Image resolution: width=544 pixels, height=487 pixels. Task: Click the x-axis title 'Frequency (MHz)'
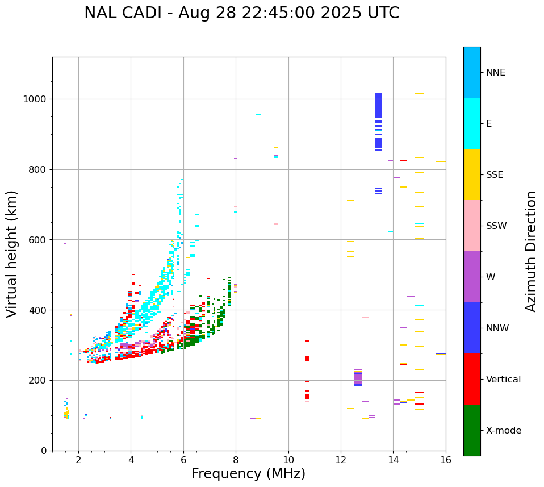click(x=248, y=474)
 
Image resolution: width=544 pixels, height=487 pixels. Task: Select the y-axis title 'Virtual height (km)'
click(x=12, y=253)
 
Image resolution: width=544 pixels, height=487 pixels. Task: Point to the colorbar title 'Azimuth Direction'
click(x=531, y=251)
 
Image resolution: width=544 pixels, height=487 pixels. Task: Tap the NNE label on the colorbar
click(x=495, y=73)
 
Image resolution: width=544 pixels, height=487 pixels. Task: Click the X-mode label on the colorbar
click(x=503, y=431)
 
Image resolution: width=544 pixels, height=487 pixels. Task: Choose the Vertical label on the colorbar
click(x=503, y=380)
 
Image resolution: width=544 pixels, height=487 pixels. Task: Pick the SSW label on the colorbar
click(x=496, y=226)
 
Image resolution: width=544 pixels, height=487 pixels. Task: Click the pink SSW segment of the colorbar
click(x=472, y=226)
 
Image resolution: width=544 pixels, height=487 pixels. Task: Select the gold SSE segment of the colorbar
click(x=472, y=174)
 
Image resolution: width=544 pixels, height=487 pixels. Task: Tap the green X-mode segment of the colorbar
click(x=472, y=430)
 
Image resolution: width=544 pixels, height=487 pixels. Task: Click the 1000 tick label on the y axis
click(x=35, y=99)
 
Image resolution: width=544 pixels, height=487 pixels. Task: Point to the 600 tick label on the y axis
click(x=37, y=240)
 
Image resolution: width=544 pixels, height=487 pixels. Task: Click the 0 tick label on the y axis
click(x=43, y=451)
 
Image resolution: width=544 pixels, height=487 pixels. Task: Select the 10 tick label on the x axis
click(x=288, y=460)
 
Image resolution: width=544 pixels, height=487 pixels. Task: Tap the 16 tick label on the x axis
click(x=446, y=460)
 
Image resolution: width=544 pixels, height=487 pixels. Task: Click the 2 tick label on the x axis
click(x=78, y=460)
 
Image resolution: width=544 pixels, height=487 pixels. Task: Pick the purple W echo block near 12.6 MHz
click(x=358, y=377)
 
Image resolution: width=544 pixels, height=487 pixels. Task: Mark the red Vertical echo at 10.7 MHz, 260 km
click(x=307, y=359)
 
